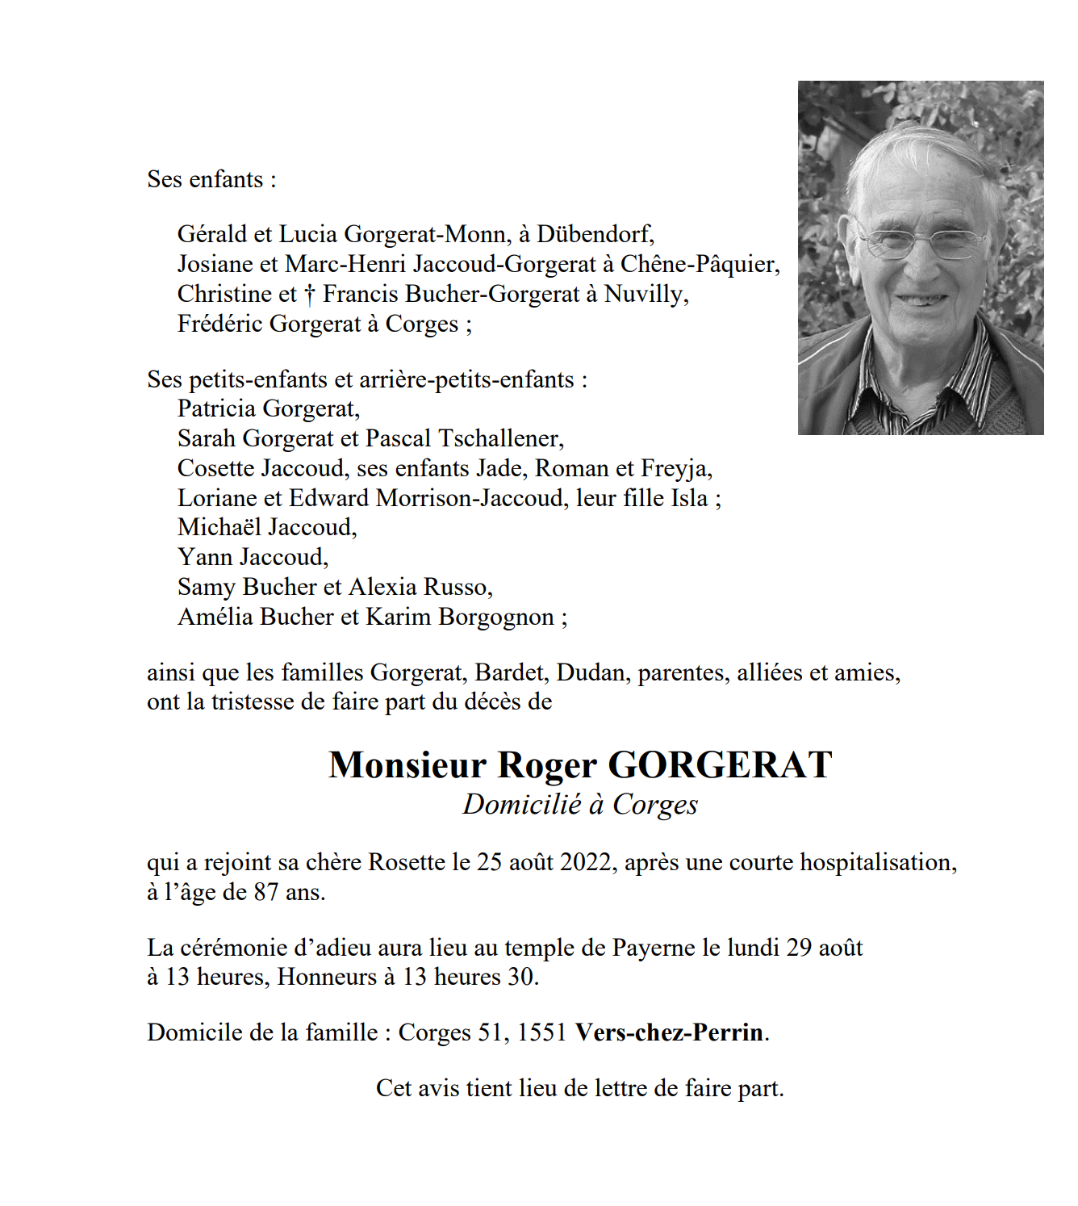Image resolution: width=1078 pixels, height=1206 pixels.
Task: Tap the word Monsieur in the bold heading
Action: tap(407, 764)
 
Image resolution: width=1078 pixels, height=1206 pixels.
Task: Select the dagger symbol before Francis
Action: tap(310, 295)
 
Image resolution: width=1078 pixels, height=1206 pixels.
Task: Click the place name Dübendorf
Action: tap(595, 234)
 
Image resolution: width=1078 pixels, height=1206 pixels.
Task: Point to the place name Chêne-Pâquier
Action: tap(699, 264)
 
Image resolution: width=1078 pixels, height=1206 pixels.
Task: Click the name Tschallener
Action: tap(500, 438)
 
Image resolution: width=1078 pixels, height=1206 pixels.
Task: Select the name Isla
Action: tap(689, 498)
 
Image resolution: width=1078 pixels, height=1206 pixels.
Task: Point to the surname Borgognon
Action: tap(496, 617)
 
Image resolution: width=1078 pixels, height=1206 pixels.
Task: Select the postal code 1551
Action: tap(541, 1032)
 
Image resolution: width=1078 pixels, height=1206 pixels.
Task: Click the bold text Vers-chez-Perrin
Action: tap(669, 1032)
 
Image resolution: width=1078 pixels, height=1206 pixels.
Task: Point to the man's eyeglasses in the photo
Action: tap(922, 241)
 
